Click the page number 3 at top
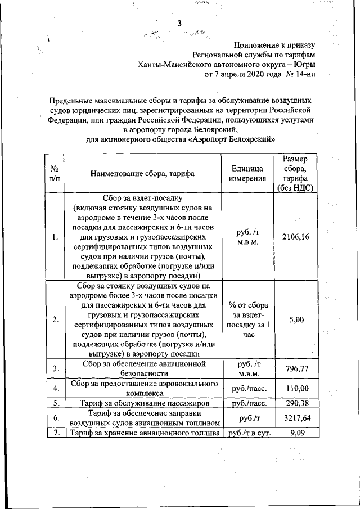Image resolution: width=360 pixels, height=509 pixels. click(179, 23)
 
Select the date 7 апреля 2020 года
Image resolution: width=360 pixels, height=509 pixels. click(244, 74)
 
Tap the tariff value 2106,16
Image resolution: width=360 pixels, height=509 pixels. click(296, 237)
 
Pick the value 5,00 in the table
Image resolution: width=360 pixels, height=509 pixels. click(296, 319)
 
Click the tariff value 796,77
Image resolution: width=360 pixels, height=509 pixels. click(296, 369)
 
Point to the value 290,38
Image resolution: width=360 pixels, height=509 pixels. click(296, 403)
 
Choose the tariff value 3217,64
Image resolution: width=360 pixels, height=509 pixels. click(296, 418)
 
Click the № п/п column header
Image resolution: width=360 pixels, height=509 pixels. click(55, 174)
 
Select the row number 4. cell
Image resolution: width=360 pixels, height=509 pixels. click(56, 389)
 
